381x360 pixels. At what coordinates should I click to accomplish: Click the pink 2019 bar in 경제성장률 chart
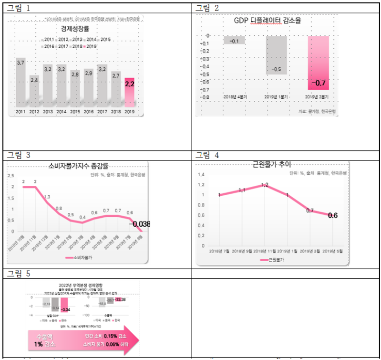pyautogui.click(x=130, y=92)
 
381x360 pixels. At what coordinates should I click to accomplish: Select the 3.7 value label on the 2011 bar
pyautogui.click(x=21, y=63)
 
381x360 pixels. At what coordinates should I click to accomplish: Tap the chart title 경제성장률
pyautogui.click(x=76, y=29)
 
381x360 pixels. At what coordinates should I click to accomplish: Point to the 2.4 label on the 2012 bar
pyautogui.click(x=34, y=80)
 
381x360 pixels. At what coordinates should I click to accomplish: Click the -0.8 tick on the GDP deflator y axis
pyautogui.click(x=204, y=97)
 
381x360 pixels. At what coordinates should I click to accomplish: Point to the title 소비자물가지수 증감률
pyautogui.click(x=79, y=166)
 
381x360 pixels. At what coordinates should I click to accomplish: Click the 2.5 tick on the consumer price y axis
pyautogui.click(x=11, y=176)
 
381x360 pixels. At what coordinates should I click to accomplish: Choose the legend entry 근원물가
pyautogui.click(x=274, y=260)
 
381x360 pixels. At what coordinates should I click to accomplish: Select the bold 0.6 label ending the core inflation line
pyautogui.click(x=332, y=215)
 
